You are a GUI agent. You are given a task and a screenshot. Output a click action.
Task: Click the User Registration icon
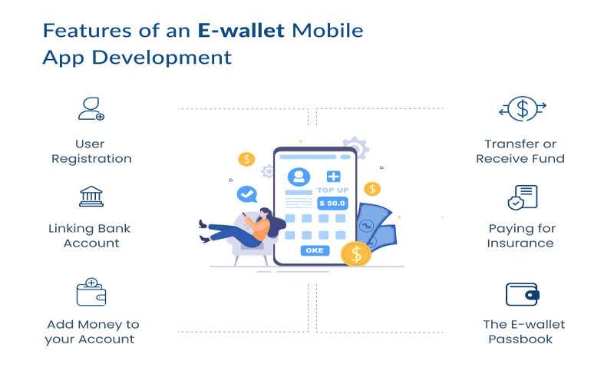(x=91, y=109)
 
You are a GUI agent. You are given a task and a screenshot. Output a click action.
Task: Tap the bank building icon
(x=91, y=196)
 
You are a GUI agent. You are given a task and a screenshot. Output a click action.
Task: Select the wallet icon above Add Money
(x=91, y=292)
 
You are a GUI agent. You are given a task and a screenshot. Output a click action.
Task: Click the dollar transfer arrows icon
(x=522, y=109)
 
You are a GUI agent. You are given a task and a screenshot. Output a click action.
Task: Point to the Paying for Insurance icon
(x=522, y=197)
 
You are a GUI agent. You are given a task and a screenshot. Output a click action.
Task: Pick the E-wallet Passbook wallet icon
(x=522, y=294)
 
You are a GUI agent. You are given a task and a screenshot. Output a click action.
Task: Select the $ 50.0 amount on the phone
(x=332, y=204)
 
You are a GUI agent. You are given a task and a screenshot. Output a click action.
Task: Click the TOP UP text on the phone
(x=332, y=190)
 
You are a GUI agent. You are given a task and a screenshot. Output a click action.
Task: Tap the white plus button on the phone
(x=333, y=177)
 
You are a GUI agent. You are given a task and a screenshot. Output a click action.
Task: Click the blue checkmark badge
(x=246, y=193)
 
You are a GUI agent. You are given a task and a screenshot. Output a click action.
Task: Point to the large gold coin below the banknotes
(x=355, y=253)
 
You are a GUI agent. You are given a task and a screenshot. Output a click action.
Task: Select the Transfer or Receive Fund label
(x=520, y=151)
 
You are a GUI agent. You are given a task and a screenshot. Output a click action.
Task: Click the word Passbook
(x=520, y=339)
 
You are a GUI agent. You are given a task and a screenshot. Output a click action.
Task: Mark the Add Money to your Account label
(x=92, y=332)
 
